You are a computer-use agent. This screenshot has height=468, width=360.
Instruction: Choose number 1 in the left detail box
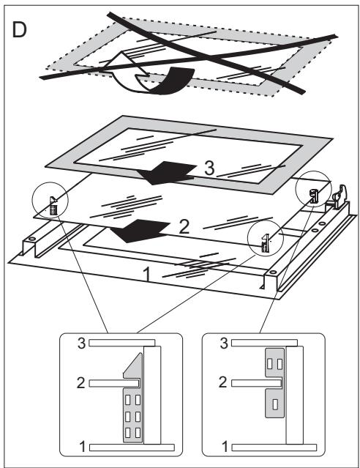click(x=83, y=445)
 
